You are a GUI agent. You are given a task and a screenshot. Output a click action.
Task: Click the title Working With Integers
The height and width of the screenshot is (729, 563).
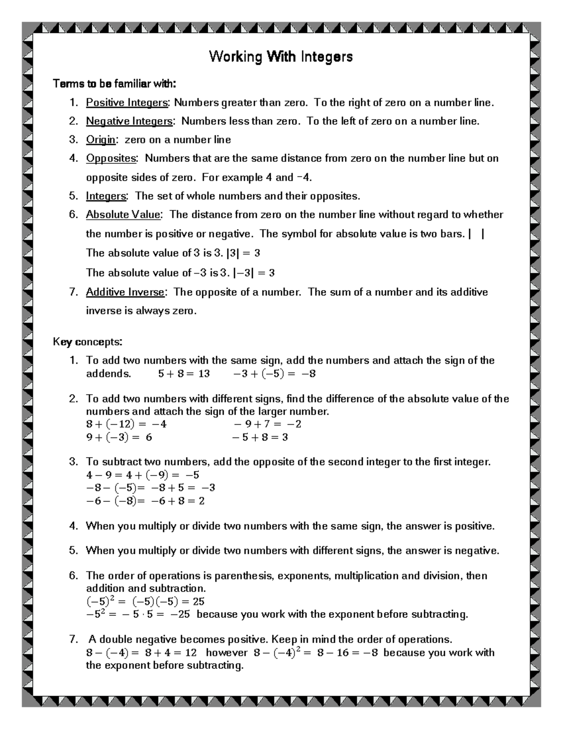click(281, 57)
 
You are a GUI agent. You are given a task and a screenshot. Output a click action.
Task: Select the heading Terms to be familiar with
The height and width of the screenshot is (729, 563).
click(114, 84)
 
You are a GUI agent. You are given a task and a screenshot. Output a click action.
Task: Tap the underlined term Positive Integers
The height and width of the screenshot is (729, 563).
click(127, 103)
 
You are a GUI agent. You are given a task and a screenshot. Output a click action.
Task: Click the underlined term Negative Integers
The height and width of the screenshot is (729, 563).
click(129, 122)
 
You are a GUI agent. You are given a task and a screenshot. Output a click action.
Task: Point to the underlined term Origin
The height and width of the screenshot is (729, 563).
click(100, 140)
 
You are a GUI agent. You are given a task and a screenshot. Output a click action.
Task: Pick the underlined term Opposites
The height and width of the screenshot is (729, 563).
click(111, 159)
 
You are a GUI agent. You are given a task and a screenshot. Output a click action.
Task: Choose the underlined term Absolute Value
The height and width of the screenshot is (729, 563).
click(123, 215)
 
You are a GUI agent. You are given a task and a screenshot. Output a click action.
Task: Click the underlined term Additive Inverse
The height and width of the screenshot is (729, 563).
click(125, 292)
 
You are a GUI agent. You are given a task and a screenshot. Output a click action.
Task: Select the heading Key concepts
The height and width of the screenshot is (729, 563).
click(88, 342)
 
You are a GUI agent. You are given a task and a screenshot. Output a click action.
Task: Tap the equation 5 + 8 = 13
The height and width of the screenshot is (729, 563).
click(183, 374)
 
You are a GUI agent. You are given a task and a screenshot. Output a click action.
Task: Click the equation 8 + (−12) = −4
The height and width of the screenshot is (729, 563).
click(126, 424)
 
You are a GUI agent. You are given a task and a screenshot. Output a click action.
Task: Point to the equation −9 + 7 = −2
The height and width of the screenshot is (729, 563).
click(267, 424)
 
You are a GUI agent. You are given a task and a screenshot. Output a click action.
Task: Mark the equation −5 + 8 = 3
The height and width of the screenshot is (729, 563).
click(260, 437)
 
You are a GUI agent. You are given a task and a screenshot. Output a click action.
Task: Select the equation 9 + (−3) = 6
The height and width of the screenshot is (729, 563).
click(119, 437)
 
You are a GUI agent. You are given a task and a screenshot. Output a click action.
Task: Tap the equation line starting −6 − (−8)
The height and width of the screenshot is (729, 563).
click(145, 501)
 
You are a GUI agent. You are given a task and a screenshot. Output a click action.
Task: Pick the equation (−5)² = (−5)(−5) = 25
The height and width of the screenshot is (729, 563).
click(145, 601)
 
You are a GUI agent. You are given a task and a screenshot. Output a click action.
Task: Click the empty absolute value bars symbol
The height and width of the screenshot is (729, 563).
click(476, 234)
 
